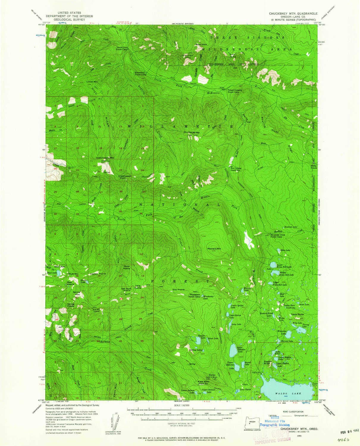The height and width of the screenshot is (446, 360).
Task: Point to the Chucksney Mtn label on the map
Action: click(192, 132)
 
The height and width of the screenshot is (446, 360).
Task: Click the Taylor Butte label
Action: click(297, 314)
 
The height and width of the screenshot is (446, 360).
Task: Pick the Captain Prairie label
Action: click(98, 274)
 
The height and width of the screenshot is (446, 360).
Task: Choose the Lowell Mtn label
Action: click(92, 81)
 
